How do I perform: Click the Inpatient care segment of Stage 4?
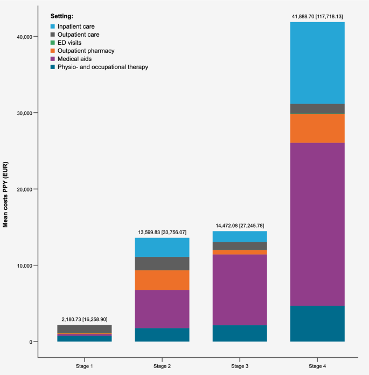[317, 63]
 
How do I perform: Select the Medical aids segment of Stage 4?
[317, 224]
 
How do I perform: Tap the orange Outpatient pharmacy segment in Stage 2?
[162, 280]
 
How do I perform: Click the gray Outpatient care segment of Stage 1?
[85, 329]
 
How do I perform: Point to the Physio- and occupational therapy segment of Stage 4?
[317, 324]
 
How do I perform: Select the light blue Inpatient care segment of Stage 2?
[162, 247]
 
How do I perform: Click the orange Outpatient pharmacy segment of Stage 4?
[317, 128]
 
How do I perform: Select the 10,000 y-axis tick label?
[23, 265]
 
